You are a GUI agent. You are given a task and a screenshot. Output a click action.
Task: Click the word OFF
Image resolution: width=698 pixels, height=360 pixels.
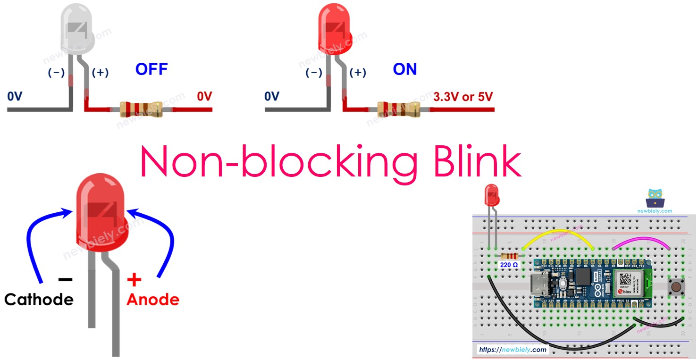151,69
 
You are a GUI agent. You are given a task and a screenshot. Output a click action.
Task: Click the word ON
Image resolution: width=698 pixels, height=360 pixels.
405,69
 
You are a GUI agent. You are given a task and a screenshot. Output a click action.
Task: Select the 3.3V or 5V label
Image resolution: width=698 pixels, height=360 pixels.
463,97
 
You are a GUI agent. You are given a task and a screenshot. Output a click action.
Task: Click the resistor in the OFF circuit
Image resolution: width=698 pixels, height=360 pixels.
141,109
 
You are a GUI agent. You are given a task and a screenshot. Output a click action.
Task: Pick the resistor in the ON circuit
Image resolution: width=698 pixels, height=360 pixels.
398,109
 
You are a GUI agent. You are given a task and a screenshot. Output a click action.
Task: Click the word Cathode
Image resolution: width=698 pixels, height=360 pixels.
39,299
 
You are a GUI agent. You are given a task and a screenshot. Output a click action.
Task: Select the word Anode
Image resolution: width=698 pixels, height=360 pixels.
153,299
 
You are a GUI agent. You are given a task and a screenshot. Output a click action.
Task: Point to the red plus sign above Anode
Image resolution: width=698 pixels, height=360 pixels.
134,280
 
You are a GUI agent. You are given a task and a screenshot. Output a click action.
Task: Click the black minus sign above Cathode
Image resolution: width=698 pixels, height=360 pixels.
65,279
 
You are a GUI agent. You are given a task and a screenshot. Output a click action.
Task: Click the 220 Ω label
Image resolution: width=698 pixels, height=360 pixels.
509,265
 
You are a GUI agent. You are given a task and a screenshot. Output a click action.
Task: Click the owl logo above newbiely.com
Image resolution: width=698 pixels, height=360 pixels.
655,198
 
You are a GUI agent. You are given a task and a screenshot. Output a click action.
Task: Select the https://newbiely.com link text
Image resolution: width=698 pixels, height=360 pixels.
512,350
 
